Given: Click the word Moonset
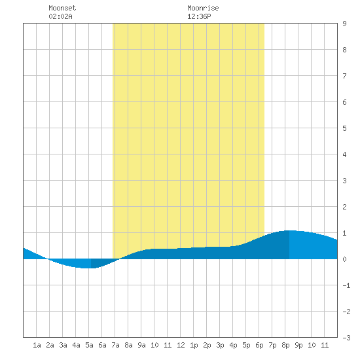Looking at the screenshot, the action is tap(62, 8).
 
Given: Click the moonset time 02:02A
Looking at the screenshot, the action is tap(60, 16).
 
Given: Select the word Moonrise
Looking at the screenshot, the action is tap(203, 8).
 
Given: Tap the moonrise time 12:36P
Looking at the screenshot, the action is tap(199, 16).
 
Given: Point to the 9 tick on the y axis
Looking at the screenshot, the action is tap(344, 24).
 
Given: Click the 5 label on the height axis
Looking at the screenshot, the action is tap(344, 128).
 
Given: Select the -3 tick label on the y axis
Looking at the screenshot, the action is tap(346, 338).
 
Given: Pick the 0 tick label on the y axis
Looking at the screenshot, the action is tap(344, 259).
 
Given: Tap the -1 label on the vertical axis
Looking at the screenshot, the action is tap(346, 285).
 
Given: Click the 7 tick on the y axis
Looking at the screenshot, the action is tap(344, 76).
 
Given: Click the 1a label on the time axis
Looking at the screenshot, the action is tap(37, 345).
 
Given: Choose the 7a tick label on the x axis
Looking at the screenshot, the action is tap(115, 345).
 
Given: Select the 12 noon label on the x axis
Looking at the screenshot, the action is tap(181, 345).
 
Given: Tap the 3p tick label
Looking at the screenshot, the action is tap(220, 345).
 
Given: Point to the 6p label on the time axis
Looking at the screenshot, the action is tap(259, 345).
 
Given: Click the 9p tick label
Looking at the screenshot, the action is tap(298, 345).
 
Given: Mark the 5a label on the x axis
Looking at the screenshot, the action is tap(89, 345).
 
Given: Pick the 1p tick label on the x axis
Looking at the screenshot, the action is tap(194, 345).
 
